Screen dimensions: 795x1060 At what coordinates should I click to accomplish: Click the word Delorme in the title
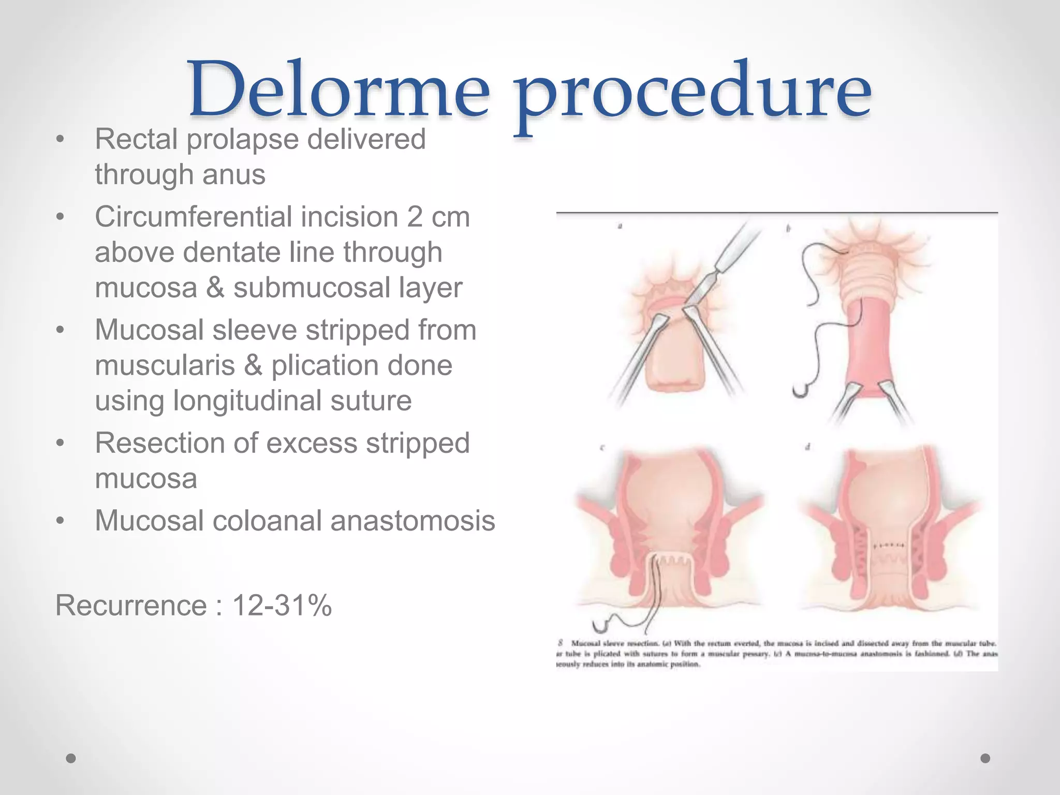click(339, 89)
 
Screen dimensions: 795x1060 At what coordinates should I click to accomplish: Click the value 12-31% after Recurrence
click(282, 605)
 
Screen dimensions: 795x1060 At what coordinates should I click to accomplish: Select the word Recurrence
click(131, 605)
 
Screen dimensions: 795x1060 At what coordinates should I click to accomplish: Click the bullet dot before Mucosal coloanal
click(61, 521)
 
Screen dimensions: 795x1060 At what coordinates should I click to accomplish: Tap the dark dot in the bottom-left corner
click(71, 758)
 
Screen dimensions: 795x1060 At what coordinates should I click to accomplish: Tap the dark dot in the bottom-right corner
click(985, 758)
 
